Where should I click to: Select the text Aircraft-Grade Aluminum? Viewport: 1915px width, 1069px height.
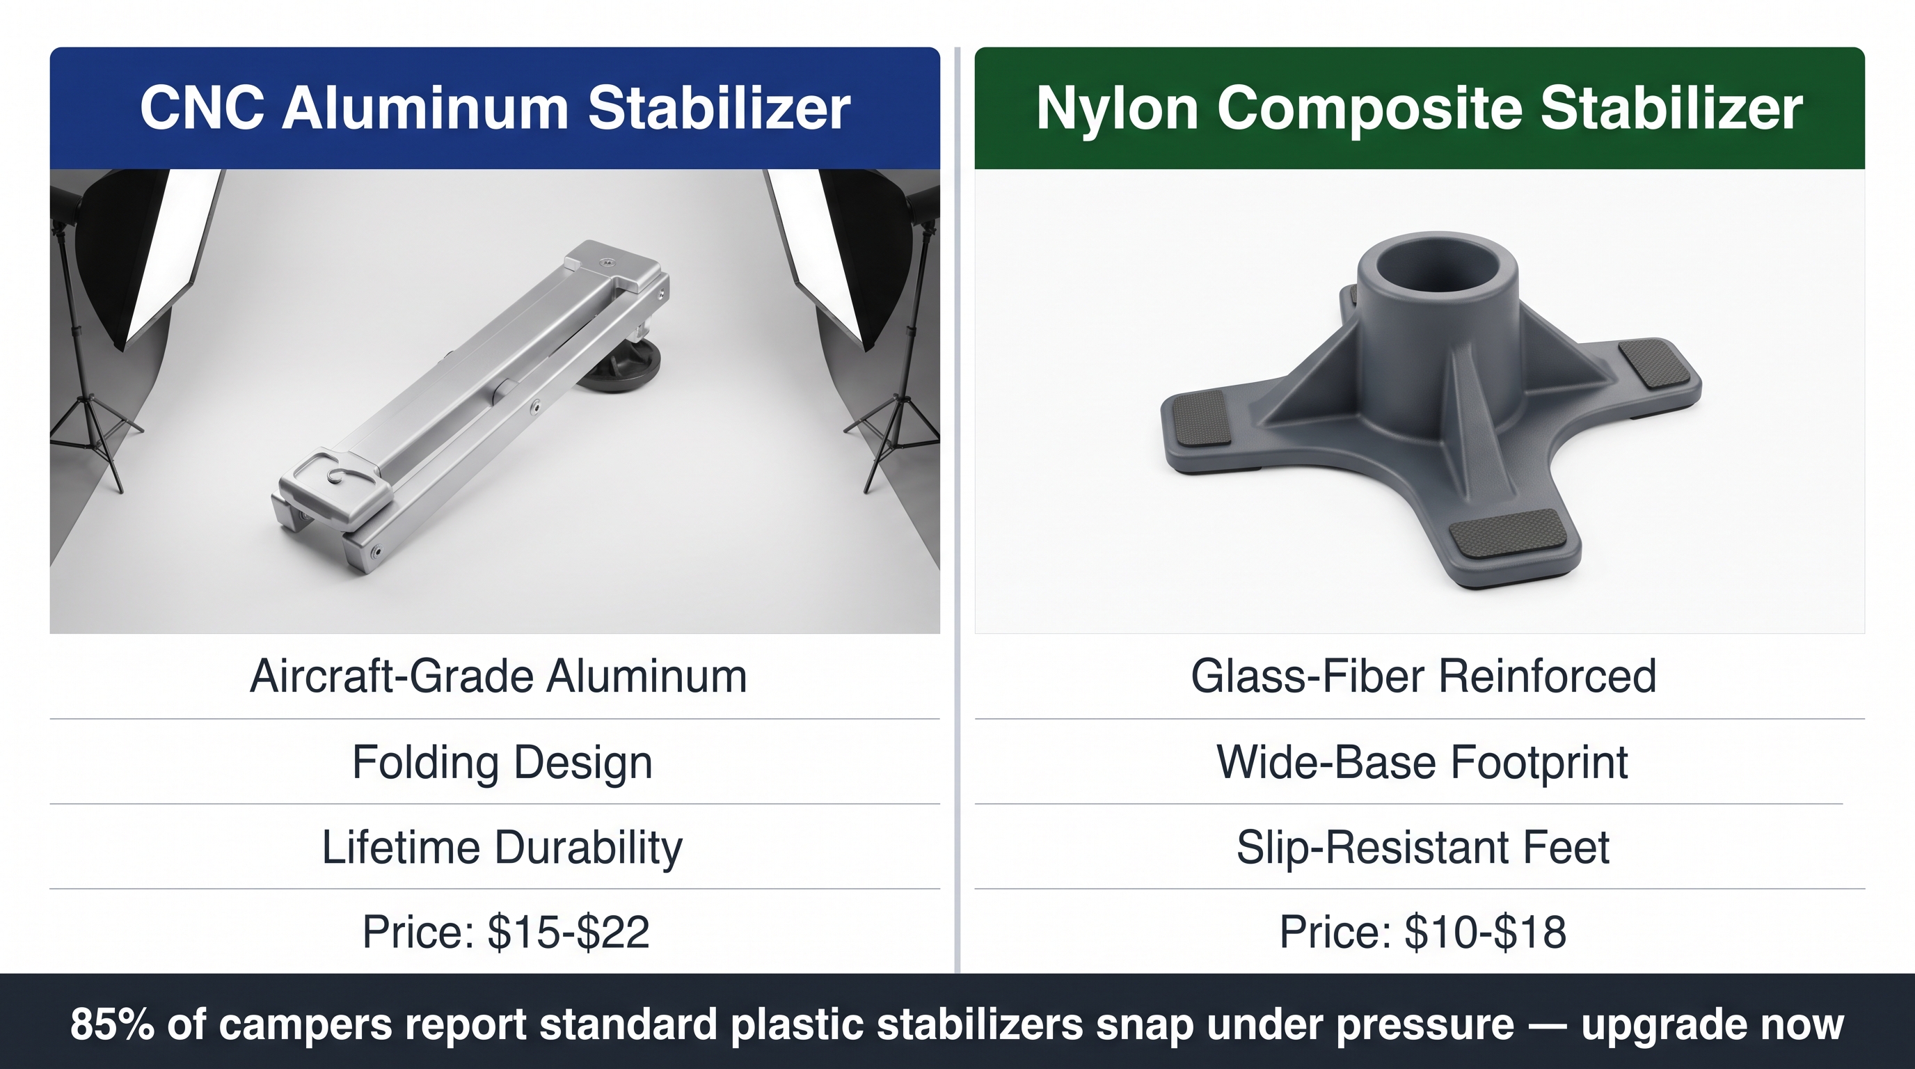point(498,676)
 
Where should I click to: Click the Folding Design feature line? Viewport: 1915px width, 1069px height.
point(502,763)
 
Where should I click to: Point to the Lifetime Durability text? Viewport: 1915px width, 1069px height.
point(502,848)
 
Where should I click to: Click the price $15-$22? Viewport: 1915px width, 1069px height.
point(569,932)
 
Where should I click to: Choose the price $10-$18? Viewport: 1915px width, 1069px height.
point(1486,932)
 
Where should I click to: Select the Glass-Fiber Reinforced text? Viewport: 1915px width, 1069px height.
point(1424,676)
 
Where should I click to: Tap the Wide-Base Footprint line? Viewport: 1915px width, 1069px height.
point(1422,763)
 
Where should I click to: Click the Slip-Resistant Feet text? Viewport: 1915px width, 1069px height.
point(1423,848)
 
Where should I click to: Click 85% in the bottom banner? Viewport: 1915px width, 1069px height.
point(112,1024)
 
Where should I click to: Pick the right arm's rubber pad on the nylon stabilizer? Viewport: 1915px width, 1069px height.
point(1653,363)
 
